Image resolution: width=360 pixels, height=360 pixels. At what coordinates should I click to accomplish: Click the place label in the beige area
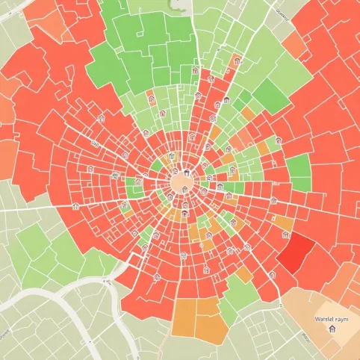tap(332, 318)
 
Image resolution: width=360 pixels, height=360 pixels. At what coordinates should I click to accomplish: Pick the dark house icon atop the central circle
tap(186, 175)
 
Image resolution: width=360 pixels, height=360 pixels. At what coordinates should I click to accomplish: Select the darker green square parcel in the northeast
tap(270, 96)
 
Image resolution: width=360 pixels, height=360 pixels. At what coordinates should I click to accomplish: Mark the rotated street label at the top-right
tap(281, 13)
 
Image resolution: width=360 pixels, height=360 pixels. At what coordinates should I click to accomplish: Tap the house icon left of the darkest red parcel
tap(273, 273)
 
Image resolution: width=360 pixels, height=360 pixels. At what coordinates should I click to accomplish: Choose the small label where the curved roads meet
tap(107, 282)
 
